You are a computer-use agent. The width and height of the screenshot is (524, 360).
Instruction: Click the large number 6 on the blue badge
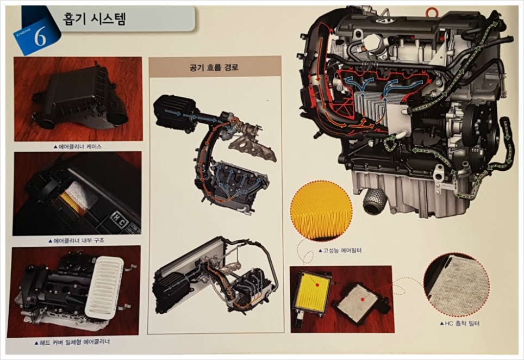click(40, 38)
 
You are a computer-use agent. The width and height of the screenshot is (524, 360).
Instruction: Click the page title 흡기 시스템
click(94, 18)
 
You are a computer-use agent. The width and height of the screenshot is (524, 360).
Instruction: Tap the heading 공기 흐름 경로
click(214, 67)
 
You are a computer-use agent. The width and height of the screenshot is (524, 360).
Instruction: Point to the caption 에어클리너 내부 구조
click(76, 240)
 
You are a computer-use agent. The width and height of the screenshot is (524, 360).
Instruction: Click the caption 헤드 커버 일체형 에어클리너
click(72, 342)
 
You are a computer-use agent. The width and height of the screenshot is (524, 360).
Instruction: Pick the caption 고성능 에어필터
click(340, 250)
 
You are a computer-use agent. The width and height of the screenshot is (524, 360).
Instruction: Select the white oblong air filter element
click(104, 287)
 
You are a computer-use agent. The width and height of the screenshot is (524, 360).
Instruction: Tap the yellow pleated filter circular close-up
click(321, 210)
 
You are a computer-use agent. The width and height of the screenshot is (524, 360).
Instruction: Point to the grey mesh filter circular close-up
click(457, 285)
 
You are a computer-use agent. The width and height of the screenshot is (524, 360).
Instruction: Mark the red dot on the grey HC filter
click(363, 295)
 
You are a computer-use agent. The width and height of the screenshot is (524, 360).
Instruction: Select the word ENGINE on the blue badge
click(23, 34)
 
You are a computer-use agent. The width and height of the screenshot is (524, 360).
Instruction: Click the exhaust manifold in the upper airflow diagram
click(253, 151)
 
